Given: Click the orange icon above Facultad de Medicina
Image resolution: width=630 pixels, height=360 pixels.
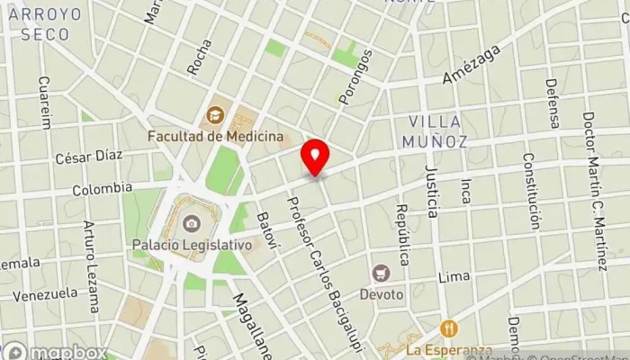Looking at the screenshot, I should tap(215, 114).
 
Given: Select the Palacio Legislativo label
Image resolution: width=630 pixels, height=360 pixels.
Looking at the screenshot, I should tap(192, 244).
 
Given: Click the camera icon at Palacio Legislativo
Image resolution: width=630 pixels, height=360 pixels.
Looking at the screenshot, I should tap(191, 223).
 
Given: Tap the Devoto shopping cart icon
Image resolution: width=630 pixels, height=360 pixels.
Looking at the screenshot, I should tap(382, 272).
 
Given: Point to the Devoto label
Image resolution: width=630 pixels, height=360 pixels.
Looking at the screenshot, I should tap(382, 293).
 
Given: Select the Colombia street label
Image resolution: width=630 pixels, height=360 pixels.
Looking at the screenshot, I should tap(96, 190).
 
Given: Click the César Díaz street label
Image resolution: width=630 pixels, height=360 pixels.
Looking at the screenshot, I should tap(88, 156).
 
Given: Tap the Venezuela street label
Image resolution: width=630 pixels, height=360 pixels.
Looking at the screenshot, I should tap(45, 293).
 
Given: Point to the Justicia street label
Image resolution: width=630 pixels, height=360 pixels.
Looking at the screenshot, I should tap(432, 192).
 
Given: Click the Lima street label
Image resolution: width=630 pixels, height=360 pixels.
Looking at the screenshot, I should tap(454, 277).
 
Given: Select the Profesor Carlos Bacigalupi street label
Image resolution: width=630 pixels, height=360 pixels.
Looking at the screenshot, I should tap(319, 262).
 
